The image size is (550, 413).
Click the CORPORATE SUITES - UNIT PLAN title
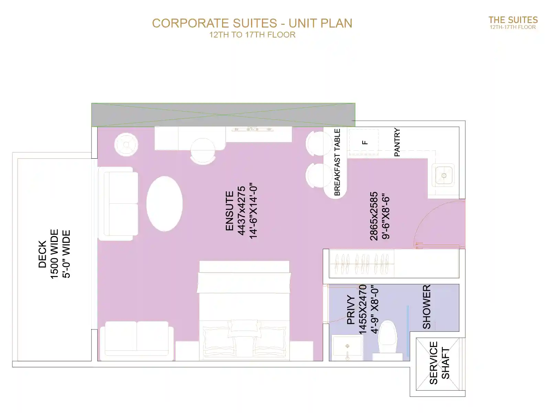click(x=252, y=23)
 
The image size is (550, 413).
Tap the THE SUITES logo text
click(x=513, y=20)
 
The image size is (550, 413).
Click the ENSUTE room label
click(x=230, y=211)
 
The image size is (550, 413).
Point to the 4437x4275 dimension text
click(x=241, y=211)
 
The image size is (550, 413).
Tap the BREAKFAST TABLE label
click(x=337, y=162)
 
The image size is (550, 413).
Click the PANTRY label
click(x=397, y=142)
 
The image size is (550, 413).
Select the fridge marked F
click(x=364, y=142)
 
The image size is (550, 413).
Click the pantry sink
click(x=443, y=175)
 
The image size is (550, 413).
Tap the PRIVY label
click(x=351, y=310)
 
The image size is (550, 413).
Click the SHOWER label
click(x=427, y=307)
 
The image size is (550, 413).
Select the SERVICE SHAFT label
click(x=440, y=363)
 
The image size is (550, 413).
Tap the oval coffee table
click(x=164, y=204)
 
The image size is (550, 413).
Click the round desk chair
click(x=203, y=151)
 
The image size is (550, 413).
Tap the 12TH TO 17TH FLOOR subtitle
click(x=252, y=35)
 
